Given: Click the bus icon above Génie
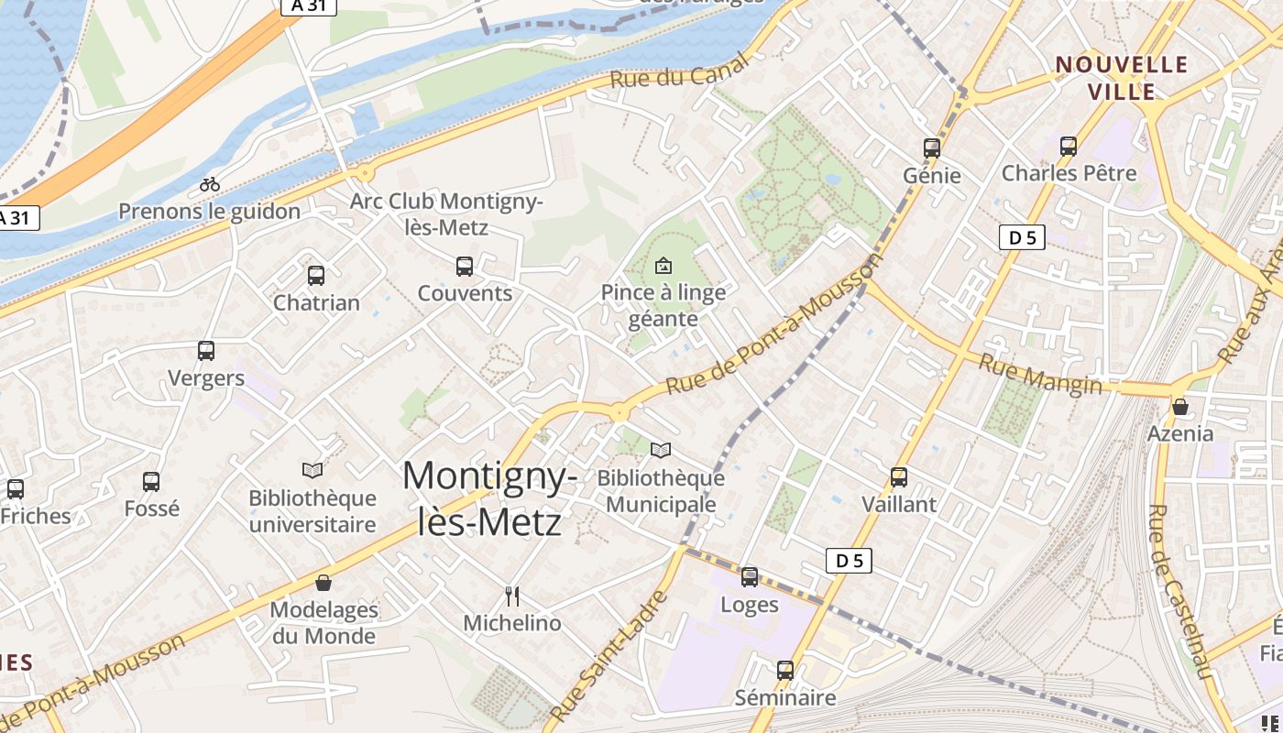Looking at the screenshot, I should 932,148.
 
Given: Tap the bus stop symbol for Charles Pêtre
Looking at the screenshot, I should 1068,146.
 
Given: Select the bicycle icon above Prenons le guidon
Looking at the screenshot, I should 210,184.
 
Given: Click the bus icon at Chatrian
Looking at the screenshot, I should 316,275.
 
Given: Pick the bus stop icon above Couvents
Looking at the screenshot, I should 465,267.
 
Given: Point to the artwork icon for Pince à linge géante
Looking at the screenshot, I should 663,267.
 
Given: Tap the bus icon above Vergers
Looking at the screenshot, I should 206,350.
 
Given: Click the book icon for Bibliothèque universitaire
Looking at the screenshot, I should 313,470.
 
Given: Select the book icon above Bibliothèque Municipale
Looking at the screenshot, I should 661,450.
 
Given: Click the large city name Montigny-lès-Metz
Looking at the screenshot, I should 490,498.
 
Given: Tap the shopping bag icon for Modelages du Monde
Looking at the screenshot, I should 323,582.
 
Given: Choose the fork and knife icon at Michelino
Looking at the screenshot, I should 512,596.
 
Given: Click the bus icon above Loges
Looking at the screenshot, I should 750,577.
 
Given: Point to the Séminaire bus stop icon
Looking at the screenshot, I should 785,670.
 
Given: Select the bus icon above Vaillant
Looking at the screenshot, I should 899,476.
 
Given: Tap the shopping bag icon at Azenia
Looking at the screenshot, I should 1180,406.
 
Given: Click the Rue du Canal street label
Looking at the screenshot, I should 679,71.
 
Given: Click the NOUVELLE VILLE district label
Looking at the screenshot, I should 1122,78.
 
